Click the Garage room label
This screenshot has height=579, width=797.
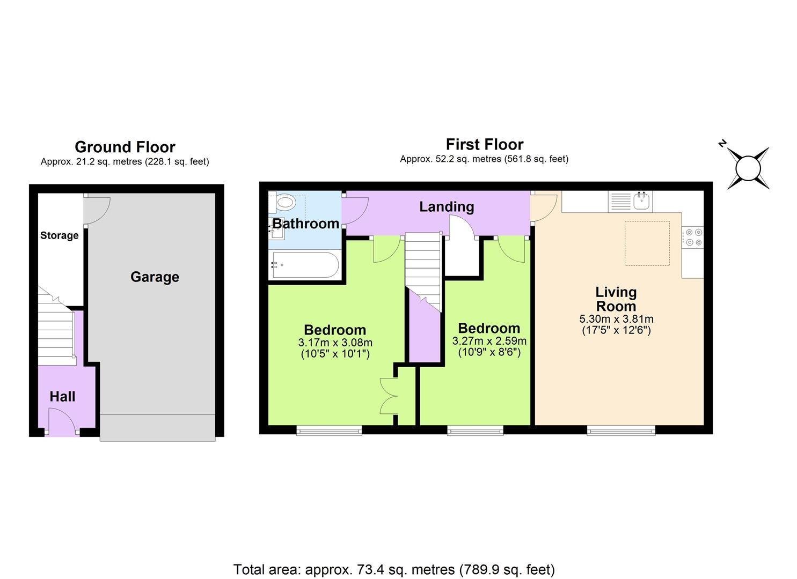(155, 277)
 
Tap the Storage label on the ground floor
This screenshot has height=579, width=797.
(60, 235)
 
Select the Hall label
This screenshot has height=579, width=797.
(62, 397)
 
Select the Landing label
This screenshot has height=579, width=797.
(447, 206)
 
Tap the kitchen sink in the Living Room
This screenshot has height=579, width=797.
(642, 201)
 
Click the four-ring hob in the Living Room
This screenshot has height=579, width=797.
(692, 237)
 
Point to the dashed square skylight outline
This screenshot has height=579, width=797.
(647, 243)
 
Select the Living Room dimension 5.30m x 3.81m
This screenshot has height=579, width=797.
(616, 319)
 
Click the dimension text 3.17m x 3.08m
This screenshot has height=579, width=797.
(335, 343)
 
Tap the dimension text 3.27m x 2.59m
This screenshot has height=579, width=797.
(489, 341)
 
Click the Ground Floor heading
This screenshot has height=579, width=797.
(125, 147)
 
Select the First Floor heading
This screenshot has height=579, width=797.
(484, 144)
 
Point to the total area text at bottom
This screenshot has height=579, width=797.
(394, 569)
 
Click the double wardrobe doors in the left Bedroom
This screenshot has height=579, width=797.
(389, 396)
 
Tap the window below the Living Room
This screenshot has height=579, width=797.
(620, 429)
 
